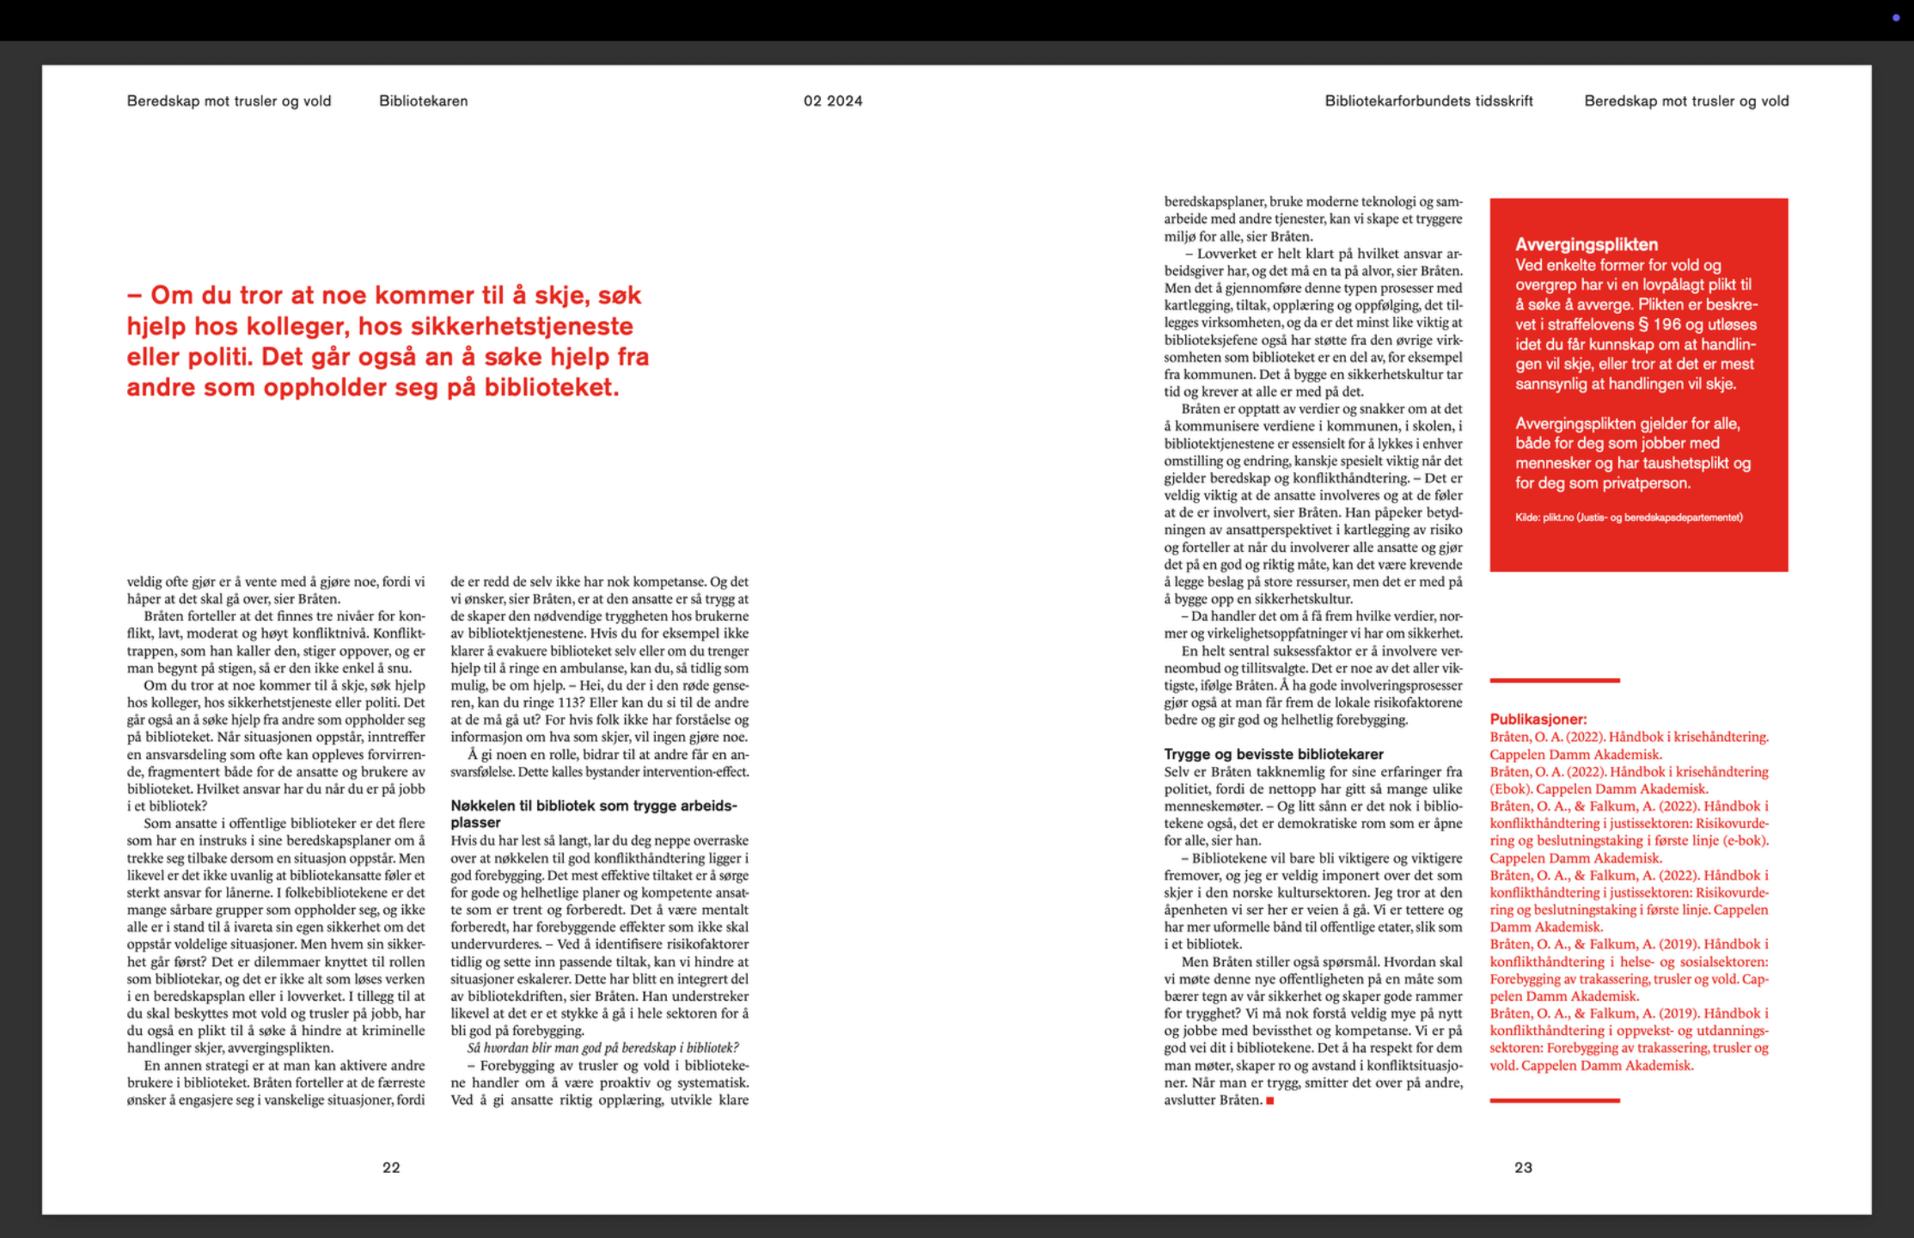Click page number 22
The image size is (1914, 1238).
(x=391, y=1168)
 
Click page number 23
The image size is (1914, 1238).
(x=1523, y=1168)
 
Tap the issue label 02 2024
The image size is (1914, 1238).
(x=833, y=101)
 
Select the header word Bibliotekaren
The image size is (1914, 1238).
(x=424, y=101)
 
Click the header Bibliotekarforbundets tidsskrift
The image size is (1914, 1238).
(x=1428, y=101)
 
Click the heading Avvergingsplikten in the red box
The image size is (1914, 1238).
(x=1587, y=244)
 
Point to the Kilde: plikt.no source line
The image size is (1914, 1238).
(x=1629, y=518)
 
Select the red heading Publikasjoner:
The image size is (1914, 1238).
(x=1538, y=720)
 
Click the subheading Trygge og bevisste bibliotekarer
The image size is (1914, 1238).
(x=1274, y=754)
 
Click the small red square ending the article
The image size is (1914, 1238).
(x=1270, y=1100)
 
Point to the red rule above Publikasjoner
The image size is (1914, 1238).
(x=1555, y=681)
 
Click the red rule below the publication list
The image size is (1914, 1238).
(x=1555, y=1100)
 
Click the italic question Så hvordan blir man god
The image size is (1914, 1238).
(x=602, y=1048)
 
